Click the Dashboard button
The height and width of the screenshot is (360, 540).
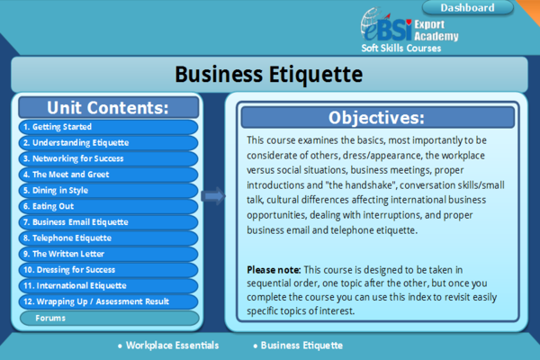click(467, 7)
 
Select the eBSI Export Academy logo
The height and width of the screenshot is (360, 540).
click(409, 30)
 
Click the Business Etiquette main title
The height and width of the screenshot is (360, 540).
click(269, 75)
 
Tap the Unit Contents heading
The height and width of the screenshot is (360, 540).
click(109, 107)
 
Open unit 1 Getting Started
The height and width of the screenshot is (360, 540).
click(109, 127)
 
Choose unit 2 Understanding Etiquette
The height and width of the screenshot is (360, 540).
click(109, 142)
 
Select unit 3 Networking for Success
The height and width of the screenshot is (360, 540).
click(109, 158)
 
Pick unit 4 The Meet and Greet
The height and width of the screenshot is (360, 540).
click(109, 175)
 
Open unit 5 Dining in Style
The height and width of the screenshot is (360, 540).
click(109, 190)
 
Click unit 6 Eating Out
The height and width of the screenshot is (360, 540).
click(109, 206)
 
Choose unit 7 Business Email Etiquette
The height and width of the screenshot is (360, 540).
click(109, 222)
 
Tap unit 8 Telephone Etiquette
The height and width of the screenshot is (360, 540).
click(109, 238)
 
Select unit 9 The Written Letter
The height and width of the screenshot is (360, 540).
click(109, 254)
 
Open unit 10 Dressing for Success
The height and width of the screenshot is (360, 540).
click(109, 269)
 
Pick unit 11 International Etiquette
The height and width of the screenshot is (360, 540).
click(109, 285)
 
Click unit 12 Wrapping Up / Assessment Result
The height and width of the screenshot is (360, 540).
click(109, 301)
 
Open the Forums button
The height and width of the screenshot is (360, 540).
click(110, 318)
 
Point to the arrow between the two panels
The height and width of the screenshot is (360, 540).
click(213, 196)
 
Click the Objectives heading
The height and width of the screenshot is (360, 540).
click(378, 118)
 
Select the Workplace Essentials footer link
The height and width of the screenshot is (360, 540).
click(168, 346)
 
